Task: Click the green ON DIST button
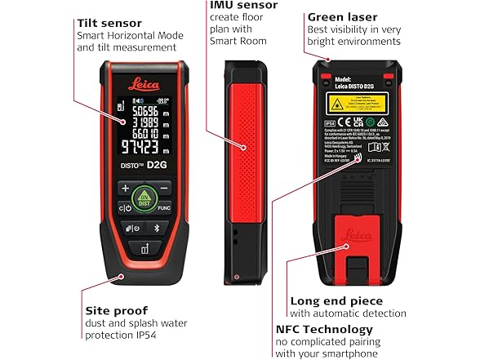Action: [144, 196]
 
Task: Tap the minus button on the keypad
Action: [164, 188]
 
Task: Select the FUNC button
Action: [164, 208]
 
